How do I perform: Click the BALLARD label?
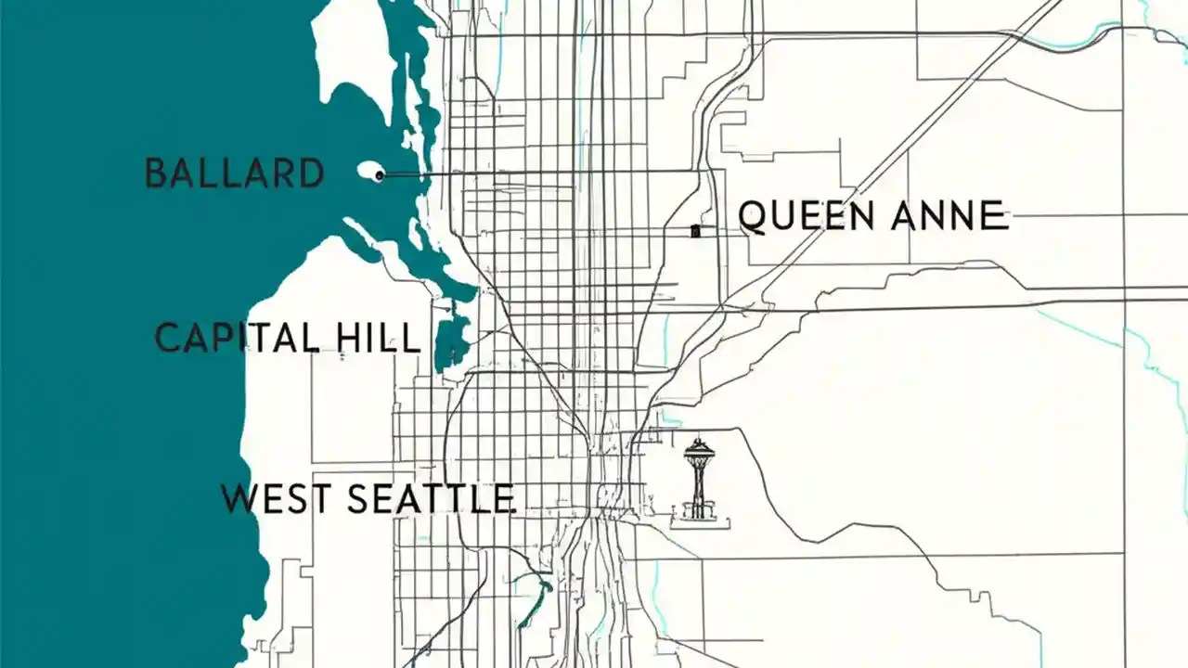pos(235,173)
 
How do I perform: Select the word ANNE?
pos(949,216)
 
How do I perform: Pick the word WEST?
pos(276,499)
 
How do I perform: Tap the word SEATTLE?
pos(431,499)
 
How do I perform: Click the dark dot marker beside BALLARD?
pos(379,174)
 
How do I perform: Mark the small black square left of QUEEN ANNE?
pos(695,231)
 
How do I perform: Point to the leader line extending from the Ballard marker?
pos(538,173)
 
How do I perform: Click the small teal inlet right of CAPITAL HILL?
pos(451,343)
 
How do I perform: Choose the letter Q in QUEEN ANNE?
pos(753,216)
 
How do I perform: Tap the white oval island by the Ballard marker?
pos(368,173)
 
